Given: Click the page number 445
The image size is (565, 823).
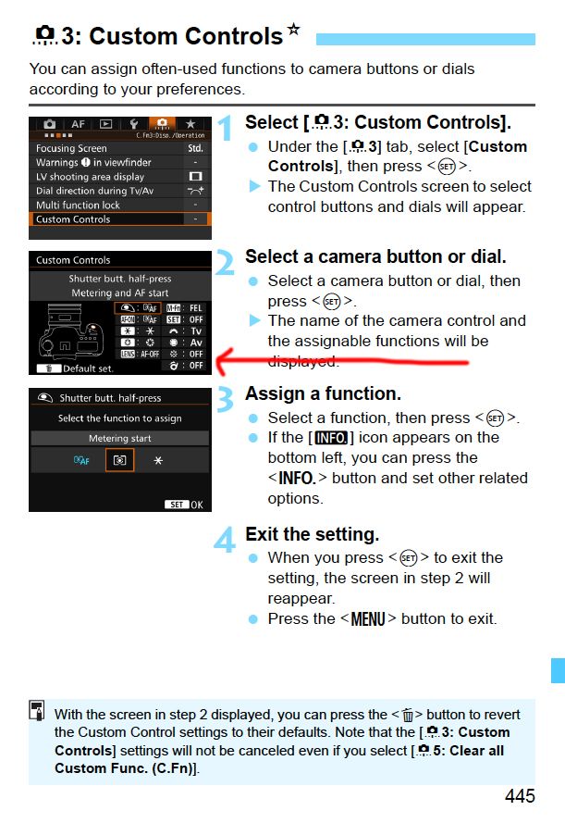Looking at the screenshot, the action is pos(520,796).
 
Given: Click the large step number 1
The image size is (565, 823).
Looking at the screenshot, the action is pos(226,129).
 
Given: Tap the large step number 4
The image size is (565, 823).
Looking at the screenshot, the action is pos(225,540).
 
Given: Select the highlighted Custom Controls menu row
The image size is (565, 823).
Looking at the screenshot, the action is pos(120,219).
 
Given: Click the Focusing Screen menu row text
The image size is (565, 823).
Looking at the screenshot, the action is pos(71,148).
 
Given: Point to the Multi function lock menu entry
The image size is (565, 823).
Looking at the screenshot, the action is pos(78,206).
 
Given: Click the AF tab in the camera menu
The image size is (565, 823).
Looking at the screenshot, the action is pos(78,124).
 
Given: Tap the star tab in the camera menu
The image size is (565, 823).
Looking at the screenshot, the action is pos(190,124).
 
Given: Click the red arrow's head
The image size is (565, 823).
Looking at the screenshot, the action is pos(221,361).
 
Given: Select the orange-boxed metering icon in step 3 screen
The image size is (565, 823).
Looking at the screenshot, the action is pos(119,460).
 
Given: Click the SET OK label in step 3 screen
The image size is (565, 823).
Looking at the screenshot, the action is pos(184,505).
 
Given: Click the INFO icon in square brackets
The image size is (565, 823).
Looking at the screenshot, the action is pos(331,438).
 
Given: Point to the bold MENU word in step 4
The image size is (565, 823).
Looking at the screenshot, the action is pos(368,619).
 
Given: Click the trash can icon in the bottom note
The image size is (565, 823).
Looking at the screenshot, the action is pos(407,715).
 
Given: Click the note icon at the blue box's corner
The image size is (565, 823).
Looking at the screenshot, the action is pos(37,710).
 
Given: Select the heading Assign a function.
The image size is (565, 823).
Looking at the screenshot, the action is pos(323,393).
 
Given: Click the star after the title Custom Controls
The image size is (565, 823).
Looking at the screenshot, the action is pos(293,29).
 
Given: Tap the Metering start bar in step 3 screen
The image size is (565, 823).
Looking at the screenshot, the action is pos(120,438).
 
